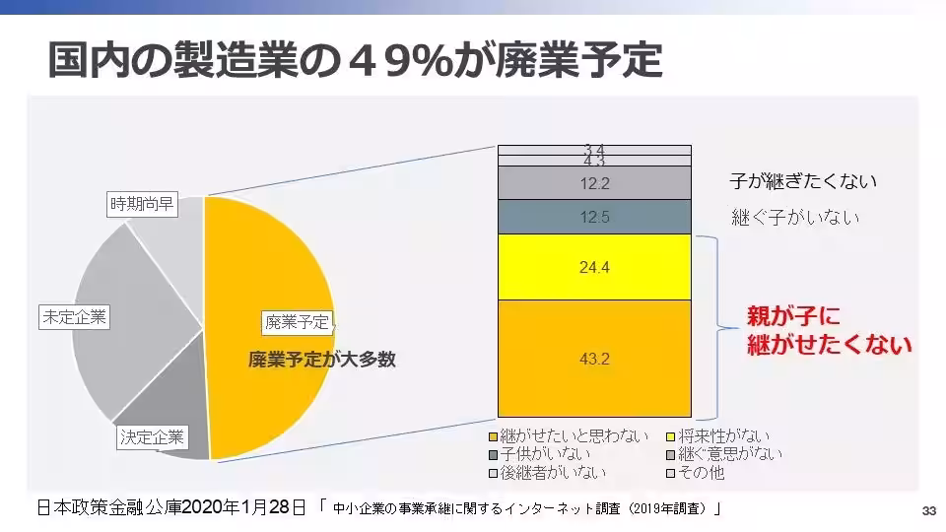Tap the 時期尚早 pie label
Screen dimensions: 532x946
[141, 206]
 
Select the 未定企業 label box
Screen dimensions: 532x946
[74, 317]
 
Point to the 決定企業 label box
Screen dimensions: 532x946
[151, 436]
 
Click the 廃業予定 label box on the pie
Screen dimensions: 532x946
[298, 321]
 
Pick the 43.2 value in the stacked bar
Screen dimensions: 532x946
[594, 359]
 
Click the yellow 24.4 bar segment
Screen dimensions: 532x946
[594, 267]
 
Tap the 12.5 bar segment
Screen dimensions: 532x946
[594, 217]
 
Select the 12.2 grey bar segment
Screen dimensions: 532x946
[594, 182]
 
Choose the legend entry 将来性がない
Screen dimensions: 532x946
[725, 435]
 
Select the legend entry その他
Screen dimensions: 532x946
[702, 473]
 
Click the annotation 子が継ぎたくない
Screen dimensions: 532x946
[803, 181]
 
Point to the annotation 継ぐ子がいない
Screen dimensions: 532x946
[795, 217]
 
